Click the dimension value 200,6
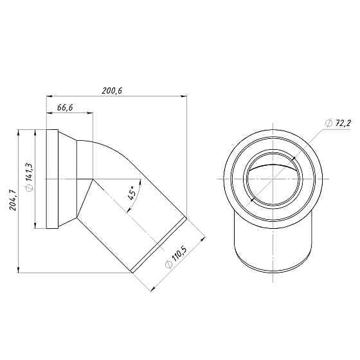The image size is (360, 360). pos(112,91)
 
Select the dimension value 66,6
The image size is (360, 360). pos(64,108)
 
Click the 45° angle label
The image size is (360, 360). pos(132,194)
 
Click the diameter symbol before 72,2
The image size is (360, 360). pos(328,123)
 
